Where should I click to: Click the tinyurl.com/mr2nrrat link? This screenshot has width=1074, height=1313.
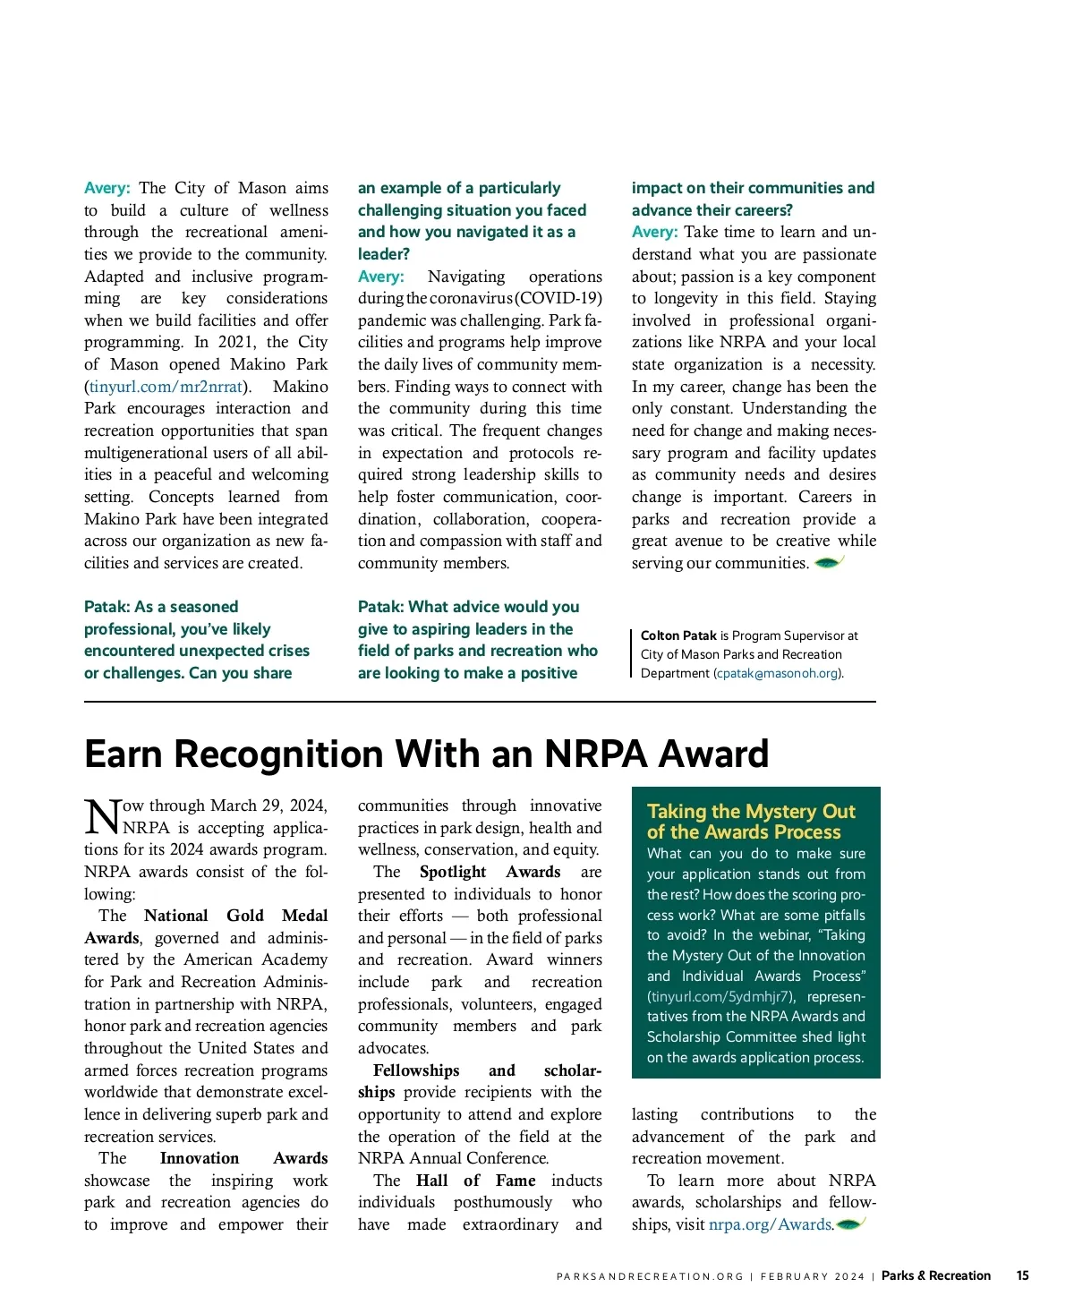point(166,387)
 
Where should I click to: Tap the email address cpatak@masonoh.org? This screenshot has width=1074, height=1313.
point(777,673)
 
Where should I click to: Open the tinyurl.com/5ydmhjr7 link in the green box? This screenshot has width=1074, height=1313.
point(720,996)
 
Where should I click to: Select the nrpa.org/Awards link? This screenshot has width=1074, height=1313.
point(770,1224)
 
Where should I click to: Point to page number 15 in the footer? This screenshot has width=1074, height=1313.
point(1022,1275)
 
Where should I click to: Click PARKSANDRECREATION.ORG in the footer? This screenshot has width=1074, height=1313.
point(650,1276)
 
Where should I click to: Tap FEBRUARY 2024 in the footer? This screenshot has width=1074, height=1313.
point(812,1276)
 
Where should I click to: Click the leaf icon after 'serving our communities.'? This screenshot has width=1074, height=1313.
point(829,563)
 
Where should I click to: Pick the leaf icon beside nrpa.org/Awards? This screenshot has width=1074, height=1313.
point(850,1223)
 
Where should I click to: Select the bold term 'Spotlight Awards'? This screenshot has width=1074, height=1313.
point(490,872)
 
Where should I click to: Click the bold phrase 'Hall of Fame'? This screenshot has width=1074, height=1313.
point(475,1181)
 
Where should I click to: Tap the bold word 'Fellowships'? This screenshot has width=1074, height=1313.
point(416,1070)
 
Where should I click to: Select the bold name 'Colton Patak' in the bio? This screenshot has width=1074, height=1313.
point(678,635)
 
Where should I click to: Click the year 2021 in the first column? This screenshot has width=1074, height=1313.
point(236,342)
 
